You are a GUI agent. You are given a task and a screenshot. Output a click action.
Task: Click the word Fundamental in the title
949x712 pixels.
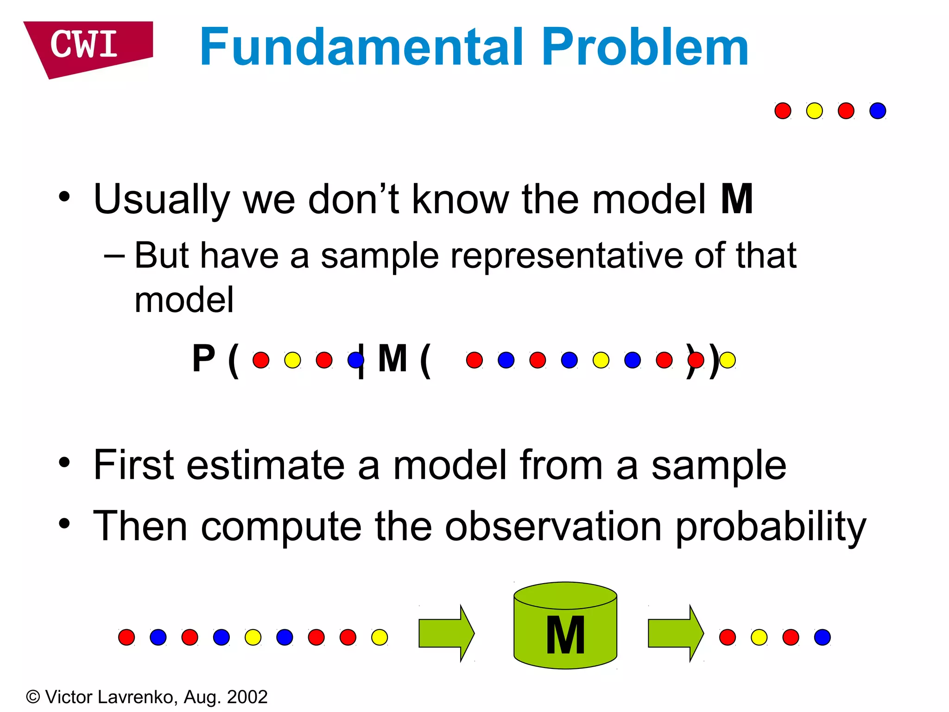[x=361, y=47]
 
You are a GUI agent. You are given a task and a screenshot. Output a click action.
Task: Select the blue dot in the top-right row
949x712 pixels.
[x=878, y=111]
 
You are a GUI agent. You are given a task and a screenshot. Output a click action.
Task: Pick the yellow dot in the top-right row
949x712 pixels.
[x=814, y=111]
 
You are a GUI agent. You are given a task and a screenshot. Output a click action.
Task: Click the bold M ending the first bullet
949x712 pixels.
[x=737, y=199]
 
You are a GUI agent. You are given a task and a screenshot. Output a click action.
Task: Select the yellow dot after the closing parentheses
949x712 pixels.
[x=728, y=360]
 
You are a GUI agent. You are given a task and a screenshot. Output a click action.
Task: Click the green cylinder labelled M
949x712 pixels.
[x=565, y=626]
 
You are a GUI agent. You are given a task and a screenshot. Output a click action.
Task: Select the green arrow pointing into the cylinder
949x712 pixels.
[x=446, y=633]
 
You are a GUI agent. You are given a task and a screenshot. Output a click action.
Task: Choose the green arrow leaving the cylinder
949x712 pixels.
[x=675, y=633]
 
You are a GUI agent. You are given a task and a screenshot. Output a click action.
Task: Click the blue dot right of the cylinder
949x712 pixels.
[x=822, y=637]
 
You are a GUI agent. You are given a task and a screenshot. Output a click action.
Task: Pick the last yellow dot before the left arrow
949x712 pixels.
[x=379, y=637]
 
